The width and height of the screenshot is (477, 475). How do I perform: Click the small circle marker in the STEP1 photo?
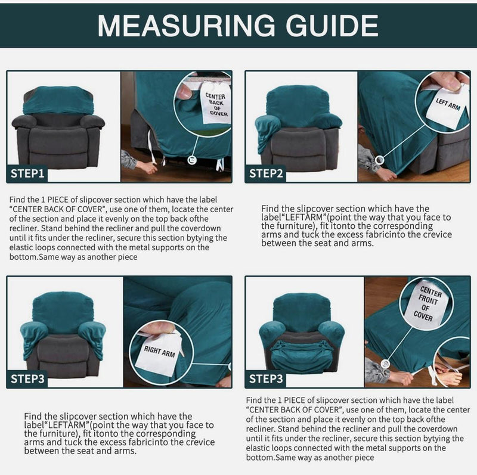point(191,160)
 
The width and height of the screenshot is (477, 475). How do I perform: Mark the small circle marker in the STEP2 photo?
point(378,160)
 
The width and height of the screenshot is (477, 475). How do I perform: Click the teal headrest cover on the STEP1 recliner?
point(58,100)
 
